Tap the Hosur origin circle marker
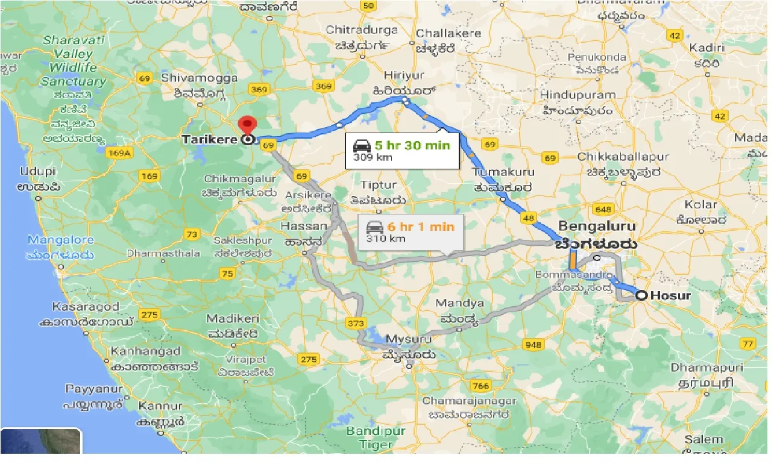pyautogui.click(x=641, y=295)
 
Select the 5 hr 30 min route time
pyautogui.click(x=412, y=145)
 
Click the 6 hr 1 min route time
pyautogui.click(x=421, y=227)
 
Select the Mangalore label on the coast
pyautogui.click(x=60, y=240)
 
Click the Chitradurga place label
pyautogui.click(x=362, y=30)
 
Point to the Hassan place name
pyautogui.click(x=304, y=227)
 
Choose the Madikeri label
pyautogui.click(x=233, y=318)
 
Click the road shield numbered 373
pyautogui.click(x=356, y=324)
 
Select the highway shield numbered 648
pyautogui.click(x=602, y=209)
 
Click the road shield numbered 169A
pyautogui.click(x=119, y=153)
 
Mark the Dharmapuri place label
pyautogui.click(x=702, y=367)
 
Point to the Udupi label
pyautogui.click(x=37, y=171)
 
